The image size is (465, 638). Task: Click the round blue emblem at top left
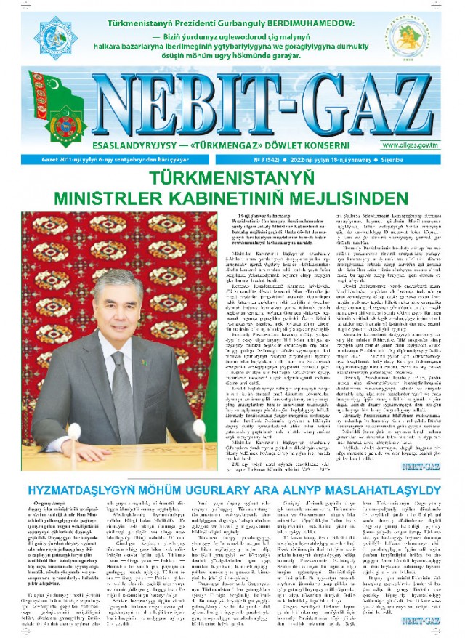29,33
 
